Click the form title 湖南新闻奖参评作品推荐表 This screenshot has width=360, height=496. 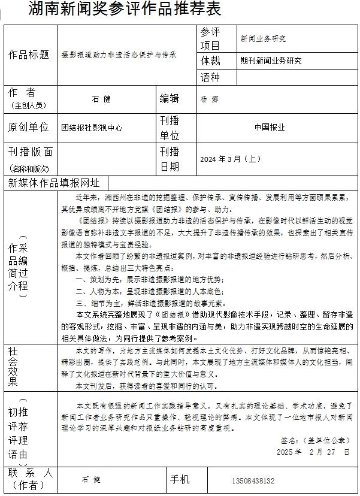click(x=125, y=9)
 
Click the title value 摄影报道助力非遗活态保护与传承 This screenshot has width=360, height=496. click(x=119, y=55)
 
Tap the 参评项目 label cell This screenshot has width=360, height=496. click(x=211, y=38)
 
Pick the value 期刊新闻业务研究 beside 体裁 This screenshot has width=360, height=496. click(x=271, y=61)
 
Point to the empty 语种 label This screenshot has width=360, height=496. click(x=210, y=77)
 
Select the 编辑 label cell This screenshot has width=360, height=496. click(x=169, y=99)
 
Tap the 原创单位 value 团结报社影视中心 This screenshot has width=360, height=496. click(x=92, y=127)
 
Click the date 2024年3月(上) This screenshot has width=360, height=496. click(x=230, y=159)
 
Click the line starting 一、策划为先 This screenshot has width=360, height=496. click(x=150, y=280)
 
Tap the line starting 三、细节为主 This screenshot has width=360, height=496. click(x=150, y=303)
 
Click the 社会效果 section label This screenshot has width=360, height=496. click(x=13, y=367)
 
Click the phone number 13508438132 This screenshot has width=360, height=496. click(x=252, y=480)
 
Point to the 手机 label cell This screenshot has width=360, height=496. click(x=180, y=480)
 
